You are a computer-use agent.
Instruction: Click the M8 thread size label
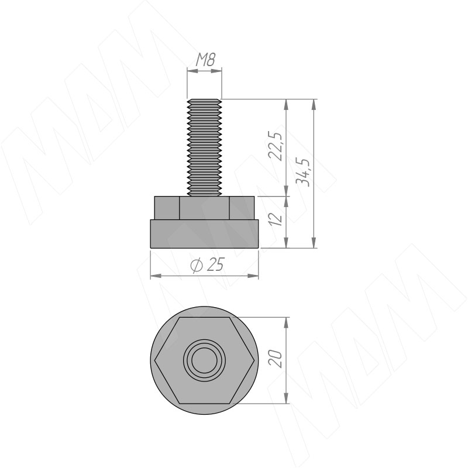pos(205,60)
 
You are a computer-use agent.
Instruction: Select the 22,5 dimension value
pos(275,146)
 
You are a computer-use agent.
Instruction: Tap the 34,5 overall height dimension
pos(302,172)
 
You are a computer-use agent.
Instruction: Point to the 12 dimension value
pos(277,218)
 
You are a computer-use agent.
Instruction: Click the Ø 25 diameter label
pos(207,264)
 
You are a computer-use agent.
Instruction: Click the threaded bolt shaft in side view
pos(204,147)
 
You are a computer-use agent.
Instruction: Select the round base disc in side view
pos(204,234)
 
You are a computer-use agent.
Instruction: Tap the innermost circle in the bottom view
pos(204,360)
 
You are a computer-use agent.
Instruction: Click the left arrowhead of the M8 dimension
pos(192,71)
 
